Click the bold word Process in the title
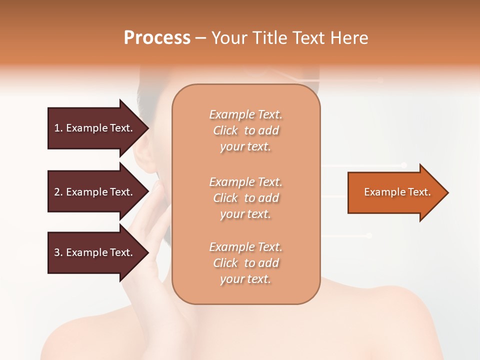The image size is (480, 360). coord(157,38)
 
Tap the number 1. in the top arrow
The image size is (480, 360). coord(58,128)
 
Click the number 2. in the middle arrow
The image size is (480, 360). coord(58,192)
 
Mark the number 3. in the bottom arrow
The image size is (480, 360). coord(58,252)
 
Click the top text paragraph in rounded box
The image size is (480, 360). coord(245,130)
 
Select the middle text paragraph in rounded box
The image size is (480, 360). coord(245,198)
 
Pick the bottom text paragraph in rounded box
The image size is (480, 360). coord(245,263)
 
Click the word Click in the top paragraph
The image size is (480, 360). coord(225,130)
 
